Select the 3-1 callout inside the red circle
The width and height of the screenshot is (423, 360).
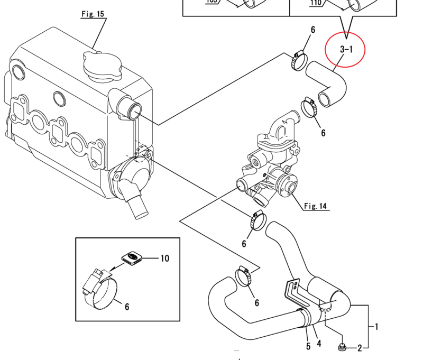click(346, 50)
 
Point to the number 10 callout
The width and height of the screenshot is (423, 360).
click(164, 259)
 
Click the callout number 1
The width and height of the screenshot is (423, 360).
click(376, 327)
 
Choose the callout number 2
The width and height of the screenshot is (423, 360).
click(359, 348)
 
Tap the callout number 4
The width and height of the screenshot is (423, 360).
click(319, 344)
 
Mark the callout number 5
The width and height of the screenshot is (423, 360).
click(308, 347)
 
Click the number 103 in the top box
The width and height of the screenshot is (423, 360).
click(212, 2)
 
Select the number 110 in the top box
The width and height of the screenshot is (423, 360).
click(316, 2)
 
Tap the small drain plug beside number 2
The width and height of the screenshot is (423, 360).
click(342, 347)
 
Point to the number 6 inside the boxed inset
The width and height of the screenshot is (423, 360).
click(126, 307)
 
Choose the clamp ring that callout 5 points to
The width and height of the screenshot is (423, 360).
click(306, 317)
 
